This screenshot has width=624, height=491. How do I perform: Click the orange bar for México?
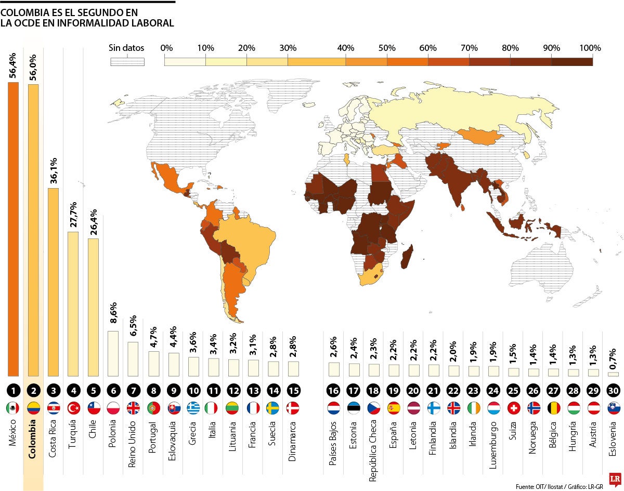[13, 229]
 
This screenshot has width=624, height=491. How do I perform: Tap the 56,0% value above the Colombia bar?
[33, 66]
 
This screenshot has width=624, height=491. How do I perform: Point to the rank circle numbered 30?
[613, 390]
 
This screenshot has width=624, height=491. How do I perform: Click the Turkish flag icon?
[73, 408]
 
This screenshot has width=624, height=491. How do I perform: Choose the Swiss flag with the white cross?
[513, 408]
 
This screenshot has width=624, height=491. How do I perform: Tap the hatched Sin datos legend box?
[127, 61]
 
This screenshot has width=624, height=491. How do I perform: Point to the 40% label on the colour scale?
[346, 48]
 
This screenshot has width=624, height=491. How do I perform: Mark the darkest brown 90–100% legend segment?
[572, 61]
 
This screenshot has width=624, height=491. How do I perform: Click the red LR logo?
[615, 463]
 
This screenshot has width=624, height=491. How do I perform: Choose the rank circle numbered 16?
[333, 390]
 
